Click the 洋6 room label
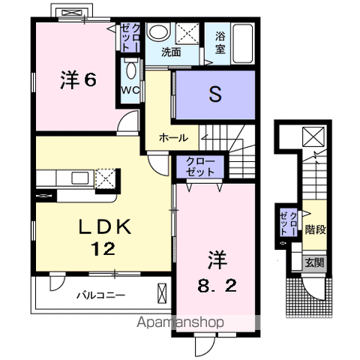point(78,80)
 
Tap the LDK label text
point(105,226)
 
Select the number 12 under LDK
point(103,248)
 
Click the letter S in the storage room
point(215,94)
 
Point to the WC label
point(130,90)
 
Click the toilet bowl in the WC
point(130,70)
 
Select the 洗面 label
point(171,52)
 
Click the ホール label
point(174,138)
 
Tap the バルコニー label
point(100,295)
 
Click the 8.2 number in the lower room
point(217,286)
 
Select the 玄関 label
point(314,262)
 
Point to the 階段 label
point(316,229)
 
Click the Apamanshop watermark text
point(180,322)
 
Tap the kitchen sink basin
point(80,178)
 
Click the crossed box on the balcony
point(162,293)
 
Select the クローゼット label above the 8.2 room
point(200,166)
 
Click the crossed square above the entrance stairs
point(313,136)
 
